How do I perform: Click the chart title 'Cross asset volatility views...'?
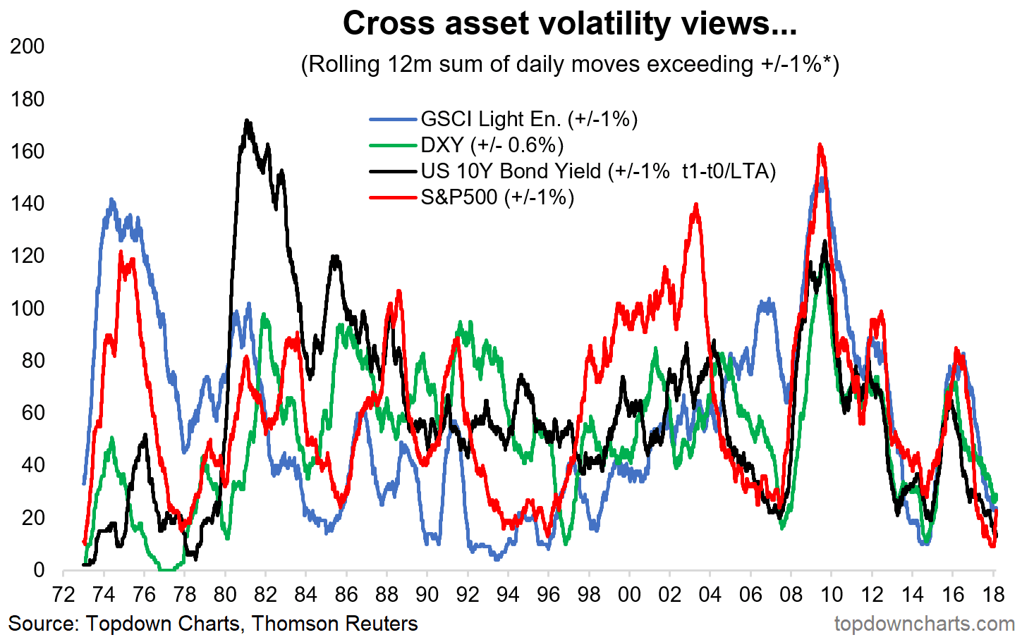click(569, 24)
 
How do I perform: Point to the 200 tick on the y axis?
click(28, 47)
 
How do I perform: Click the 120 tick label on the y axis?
click(28, 256)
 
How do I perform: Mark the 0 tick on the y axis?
click(38, 570)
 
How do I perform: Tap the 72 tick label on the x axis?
click(63, 595)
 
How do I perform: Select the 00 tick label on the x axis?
click(629, 595)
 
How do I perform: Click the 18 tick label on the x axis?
click(993, 595)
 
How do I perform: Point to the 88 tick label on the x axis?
click(387, 595)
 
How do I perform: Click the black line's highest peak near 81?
click(247, 121)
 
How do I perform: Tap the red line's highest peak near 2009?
click(820, 145)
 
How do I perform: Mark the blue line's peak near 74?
click(111, 200)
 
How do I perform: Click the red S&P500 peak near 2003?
click(696, 205)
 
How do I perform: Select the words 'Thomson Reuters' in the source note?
click(334, 624)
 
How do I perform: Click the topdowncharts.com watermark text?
click(924, 624)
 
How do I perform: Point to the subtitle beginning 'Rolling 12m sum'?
click(569, 64)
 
